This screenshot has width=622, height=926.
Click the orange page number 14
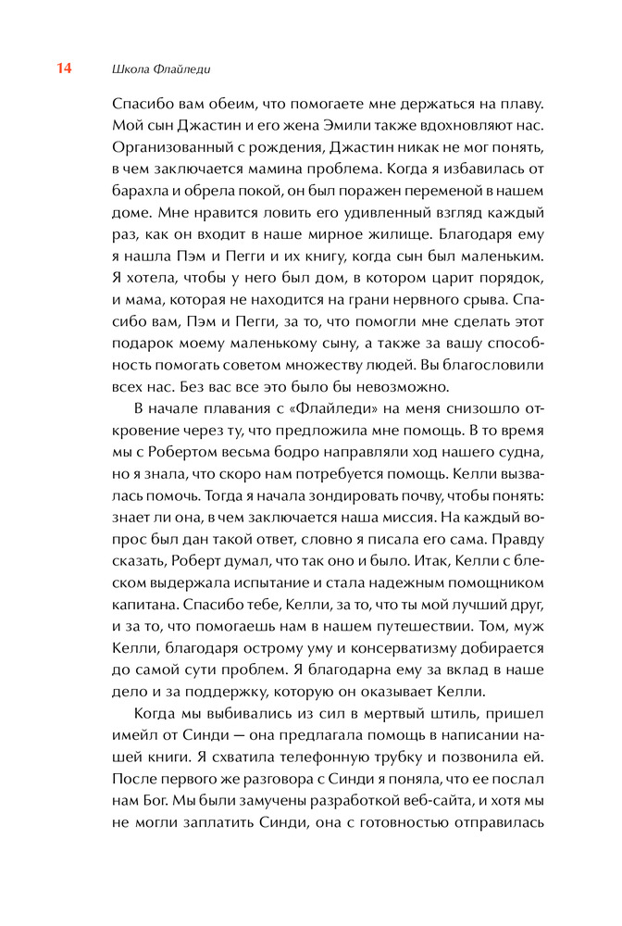65,69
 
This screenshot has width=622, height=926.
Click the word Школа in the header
130,69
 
